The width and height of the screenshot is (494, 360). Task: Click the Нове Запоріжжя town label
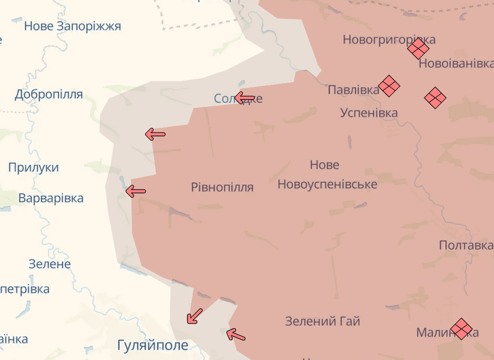[72, 26]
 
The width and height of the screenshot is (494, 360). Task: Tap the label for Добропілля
[49, 94]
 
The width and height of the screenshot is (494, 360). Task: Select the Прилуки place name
[33, 167]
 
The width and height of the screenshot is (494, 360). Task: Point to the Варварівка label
[51, 198]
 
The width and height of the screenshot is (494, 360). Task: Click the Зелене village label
[49, 264]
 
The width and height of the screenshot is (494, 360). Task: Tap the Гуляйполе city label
[153, 345]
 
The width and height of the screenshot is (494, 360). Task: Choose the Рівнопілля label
[222, 187]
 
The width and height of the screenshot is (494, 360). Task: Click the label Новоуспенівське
[327, 184]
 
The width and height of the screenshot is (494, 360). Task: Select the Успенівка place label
[369, 113]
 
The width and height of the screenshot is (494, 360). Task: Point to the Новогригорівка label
[389, 40]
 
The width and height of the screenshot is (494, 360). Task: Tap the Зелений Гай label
[322, 322]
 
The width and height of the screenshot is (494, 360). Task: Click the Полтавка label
[466, 245]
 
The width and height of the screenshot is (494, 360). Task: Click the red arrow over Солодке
[245, 98]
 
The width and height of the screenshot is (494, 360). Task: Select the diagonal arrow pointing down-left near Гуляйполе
[194, 316]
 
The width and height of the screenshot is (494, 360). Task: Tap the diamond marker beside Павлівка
[389, 86]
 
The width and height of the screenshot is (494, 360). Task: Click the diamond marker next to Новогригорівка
[419, 49]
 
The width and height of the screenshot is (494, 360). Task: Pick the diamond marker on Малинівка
[461, 329]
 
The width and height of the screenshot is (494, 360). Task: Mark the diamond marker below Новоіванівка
[435, 98]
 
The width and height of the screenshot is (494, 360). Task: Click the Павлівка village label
[353, 90]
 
